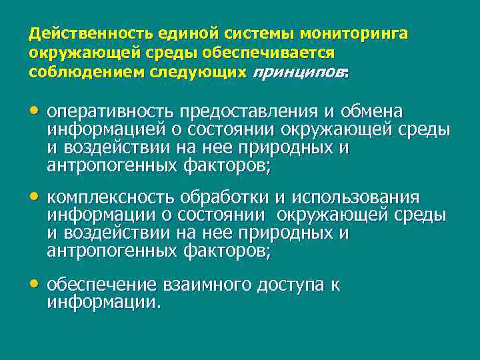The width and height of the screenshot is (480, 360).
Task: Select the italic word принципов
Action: [298, 73]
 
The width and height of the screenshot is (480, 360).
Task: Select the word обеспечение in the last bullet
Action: [103, 285]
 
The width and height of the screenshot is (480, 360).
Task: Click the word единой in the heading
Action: [177, 33]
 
